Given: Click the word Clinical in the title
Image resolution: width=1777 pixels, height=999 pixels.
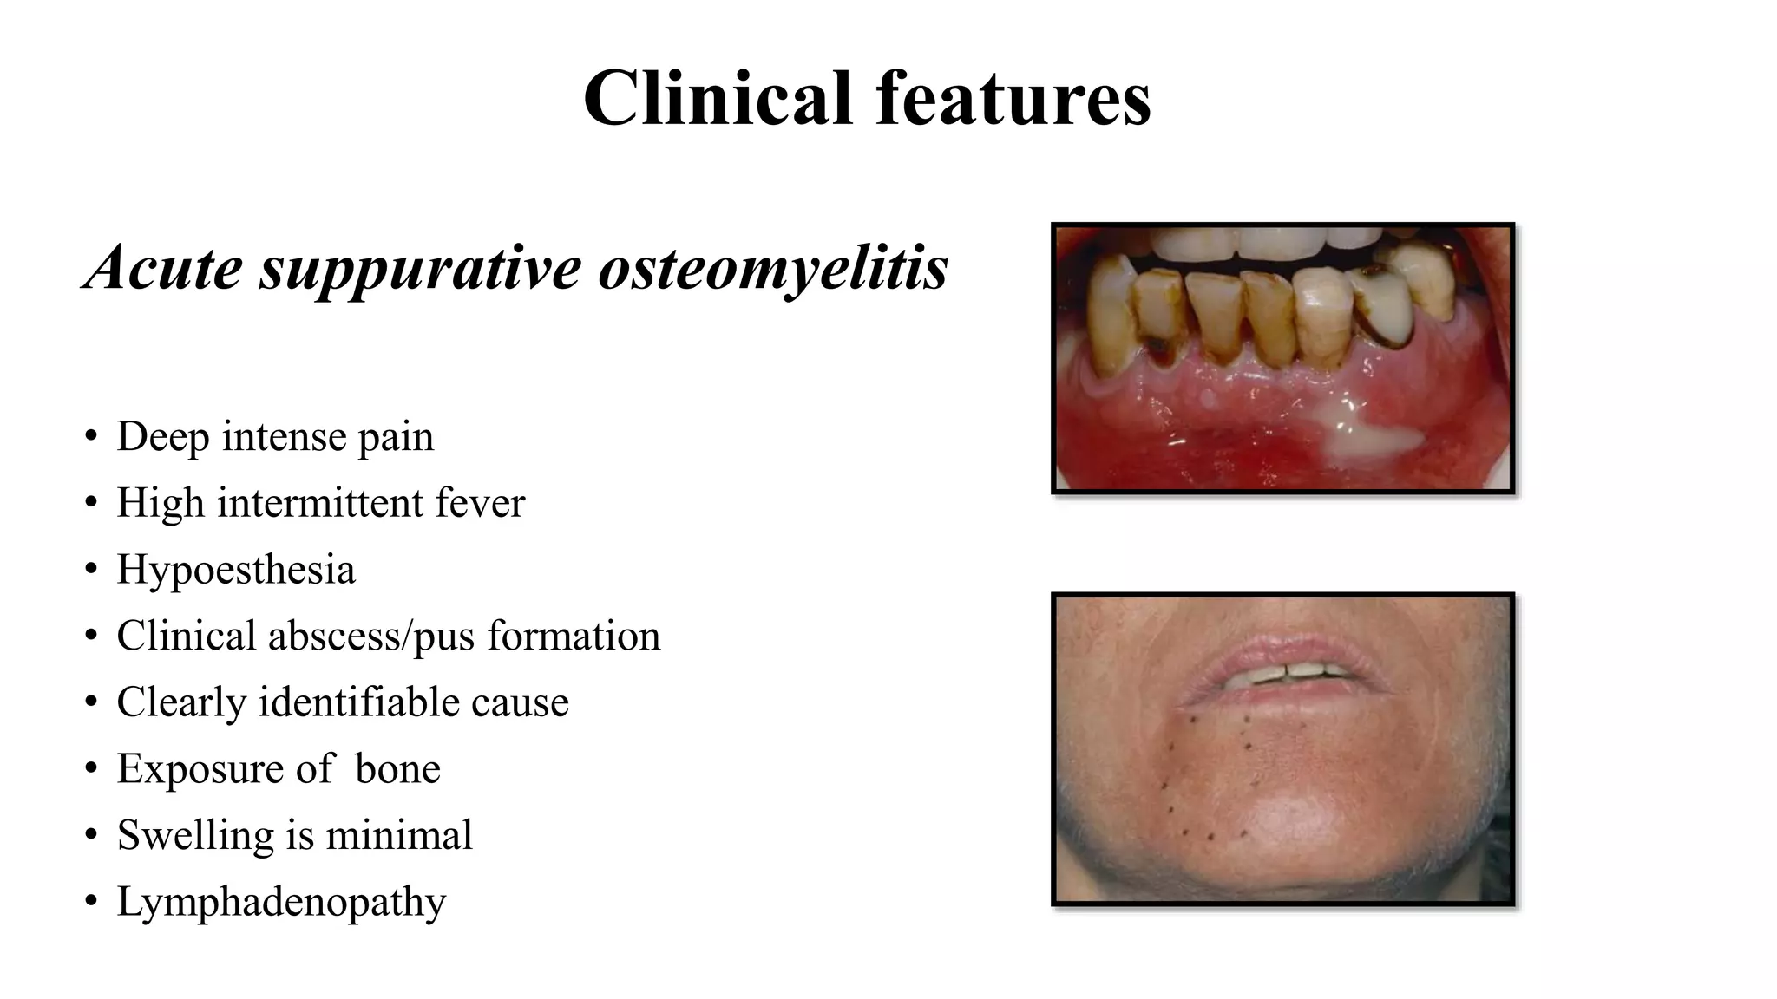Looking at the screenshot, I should [718, 97].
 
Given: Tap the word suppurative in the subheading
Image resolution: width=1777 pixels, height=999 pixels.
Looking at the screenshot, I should [420, 267].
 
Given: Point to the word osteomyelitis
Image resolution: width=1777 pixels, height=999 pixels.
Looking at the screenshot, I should [773, 267].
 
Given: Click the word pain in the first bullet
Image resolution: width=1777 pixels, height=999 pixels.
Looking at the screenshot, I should [396, 436].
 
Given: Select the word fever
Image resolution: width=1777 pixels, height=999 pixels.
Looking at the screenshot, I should [480, 503].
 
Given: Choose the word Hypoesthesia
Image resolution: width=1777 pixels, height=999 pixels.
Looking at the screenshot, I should [236, 570].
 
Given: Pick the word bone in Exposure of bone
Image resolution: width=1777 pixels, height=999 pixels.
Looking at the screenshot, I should [397, 769].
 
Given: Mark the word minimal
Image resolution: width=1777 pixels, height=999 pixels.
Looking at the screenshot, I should [399, 835].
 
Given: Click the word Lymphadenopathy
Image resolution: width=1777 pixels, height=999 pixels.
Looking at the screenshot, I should [281, 902].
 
